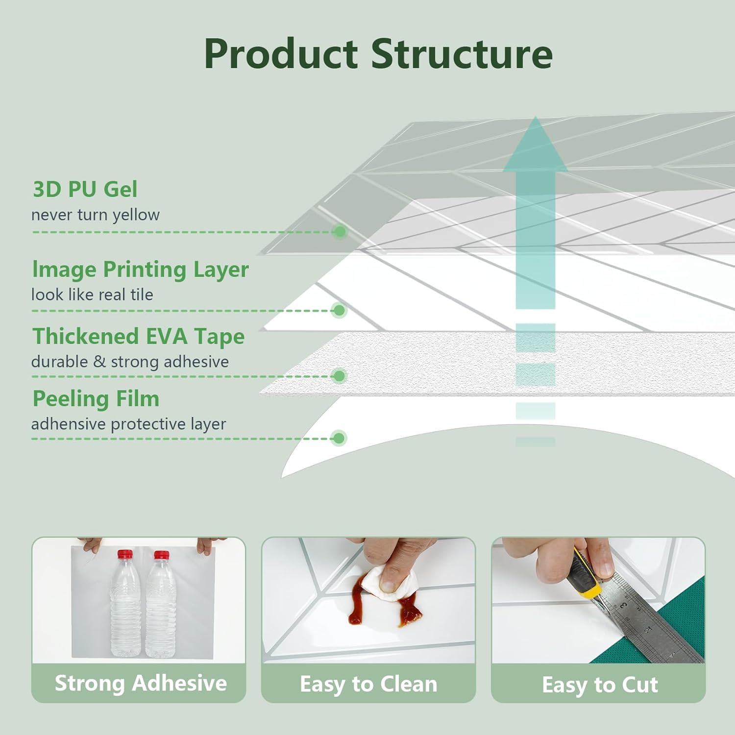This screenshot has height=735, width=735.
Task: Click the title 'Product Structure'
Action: click(x=378, y=54)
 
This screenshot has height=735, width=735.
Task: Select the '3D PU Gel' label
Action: click(x=85, y=190)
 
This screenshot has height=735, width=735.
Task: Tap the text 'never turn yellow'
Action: click(x=96, y=215)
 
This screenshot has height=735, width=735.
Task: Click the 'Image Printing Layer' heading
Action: click(x=141, y=269)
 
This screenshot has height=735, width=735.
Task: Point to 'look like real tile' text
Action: click(x=92, y=294)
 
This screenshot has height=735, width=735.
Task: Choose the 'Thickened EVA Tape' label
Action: click(x=139, y=337)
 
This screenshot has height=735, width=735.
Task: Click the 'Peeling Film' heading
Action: click(x=96, y=399)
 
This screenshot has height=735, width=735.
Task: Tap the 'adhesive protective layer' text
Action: click(x=128, y=424)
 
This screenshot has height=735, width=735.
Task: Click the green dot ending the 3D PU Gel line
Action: click(x=339, y=231)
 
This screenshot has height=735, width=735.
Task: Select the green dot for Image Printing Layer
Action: click(x=339, y=310)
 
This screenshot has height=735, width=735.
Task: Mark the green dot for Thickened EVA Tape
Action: click(x=339, y=376)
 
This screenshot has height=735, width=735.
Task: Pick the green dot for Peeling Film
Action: click(x=339, y=438)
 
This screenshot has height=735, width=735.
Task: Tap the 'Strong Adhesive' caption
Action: click(x=141, y=683)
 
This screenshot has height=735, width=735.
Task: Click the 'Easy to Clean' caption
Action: click(x=368, y=684)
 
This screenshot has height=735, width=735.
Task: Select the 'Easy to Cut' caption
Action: click(x=600, y=685)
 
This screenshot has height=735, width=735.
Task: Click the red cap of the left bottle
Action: click(x=125, y=555)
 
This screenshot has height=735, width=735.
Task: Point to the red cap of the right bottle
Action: click(x=161, y=555)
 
